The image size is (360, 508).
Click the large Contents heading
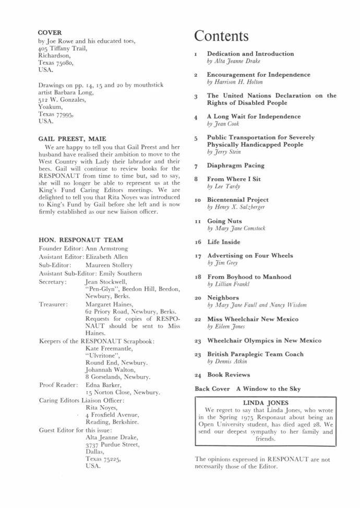click(221, 37)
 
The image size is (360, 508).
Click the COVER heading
click(50, 32)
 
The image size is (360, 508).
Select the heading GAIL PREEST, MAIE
click(72, 139)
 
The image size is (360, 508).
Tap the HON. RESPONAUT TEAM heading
click(81, 240)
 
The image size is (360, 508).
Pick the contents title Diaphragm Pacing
click(236, 165)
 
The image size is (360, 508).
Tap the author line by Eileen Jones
click(226, 326)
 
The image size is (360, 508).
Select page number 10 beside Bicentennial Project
click(198, 200)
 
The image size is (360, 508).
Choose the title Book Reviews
click(229, 374)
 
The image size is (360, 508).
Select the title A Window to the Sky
click(275, 389)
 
